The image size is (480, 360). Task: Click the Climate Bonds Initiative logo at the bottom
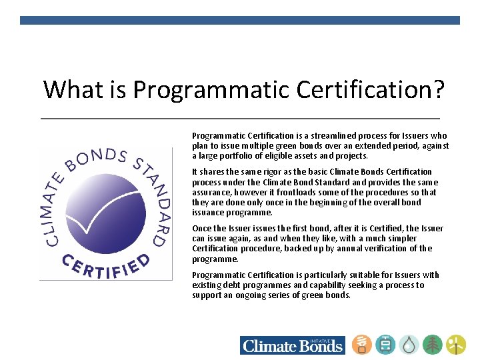[292, 345]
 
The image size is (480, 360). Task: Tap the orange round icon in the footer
[361, 344]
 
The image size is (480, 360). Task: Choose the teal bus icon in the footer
[385, 344]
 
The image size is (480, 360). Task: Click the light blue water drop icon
[409, 344]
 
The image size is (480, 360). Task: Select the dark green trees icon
[433, 344]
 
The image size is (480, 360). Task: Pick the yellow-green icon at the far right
[456, 344]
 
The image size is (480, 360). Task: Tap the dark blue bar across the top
[240, 21]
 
